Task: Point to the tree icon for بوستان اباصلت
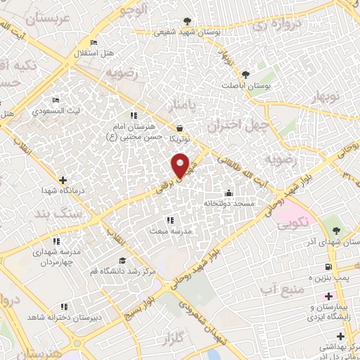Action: coord(245,75)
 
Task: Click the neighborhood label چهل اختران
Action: coord(234,125)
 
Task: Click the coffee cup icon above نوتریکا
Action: coord(181,128)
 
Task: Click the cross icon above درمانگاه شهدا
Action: coord(63,161)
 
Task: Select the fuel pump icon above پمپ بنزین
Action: coord(328,266)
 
